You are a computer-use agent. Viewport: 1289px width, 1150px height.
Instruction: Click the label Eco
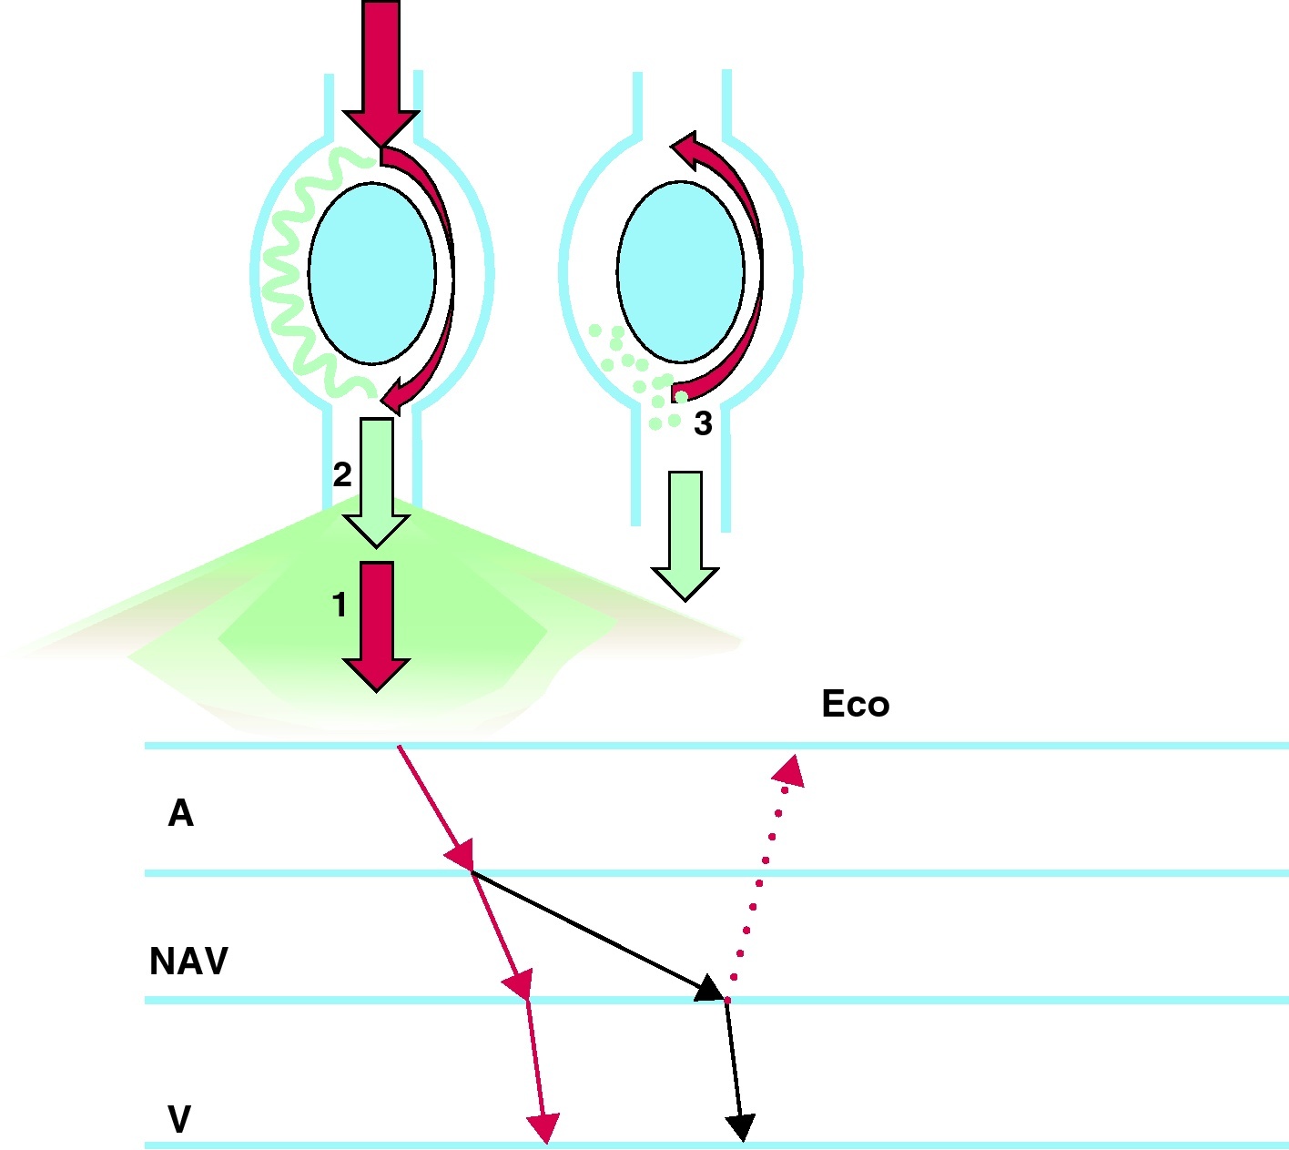tap(855, 704)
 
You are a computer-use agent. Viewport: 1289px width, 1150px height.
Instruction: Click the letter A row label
tap(180, 813)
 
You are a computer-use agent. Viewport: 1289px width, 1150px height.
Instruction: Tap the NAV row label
tap(188, 962)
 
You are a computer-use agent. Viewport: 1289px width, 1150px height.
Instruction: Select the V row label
tap(179, 1119)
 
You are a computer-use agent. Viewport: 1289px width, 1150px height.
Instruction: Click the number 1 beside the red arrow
tap(340, 606)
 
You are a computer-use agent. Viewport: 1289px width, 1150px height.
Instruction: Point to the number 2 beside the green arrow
tap(342, 474)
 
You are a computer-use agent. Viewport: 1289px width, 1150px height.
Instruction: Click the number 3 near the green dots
tap(703, 423)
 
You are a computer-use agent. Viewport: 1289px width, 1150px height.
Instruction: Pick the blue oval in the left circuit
tap(371, 272)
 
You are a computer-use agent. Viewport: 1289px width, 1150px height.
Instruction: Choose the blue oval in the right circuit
tap(680, 271)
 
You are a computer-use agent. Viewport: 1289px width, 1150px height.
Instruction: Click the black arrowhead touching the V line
tap(742, 1128)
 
